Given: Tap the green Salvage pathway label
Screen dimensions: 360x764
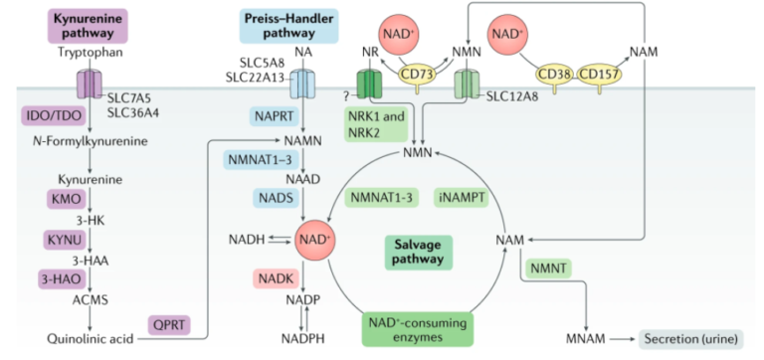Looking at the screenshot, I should point(415,251).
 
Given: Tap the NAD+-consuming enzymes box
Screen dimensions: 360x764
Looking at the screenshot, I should point(415,326).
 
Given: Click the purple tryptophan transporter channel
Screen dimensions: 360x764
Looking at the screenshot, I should point(88,83).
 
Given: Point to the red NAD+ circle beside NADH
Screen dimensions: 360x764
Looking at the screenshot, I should point(315,241).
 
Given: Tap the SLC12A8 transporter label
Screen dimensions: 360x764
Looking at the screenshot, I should point(512,97).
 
